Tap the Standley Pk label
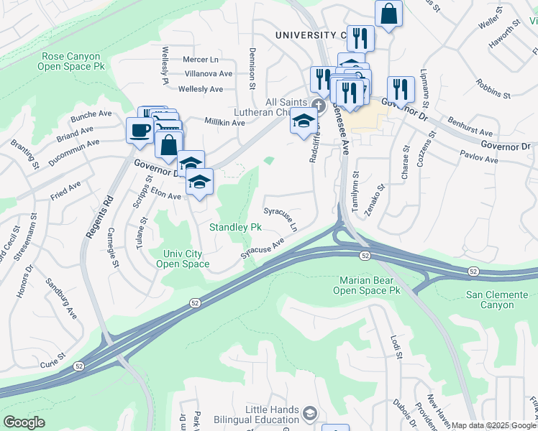[235, 228]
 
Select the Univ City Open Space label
[183, 259]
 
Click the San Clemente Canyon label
[500, 300]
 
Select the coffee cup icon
[139, 129]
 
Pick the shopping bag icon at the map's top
[388, 14]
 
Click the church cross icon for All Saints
[319, 105]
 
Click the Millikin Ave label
[225, 123]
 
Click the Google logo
[24, 422]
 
